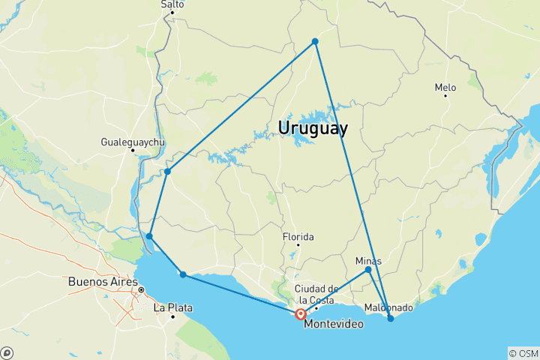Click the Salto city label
click(x=172, y=4)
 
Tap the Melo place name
click(x=446, y=88)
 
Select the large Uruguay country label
click(x=313, y=128)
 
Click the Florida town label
click(x=298, y=237)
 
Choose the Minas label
click(x=368, y=260)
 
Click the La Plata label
click(x=169, y=307)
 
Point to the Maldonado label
click(x=388, y=307)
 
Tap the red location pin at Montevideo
click(x=301, y=314)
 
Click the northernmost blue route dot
click(x=315, y=41)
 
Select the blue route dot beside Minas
click(x=368, y=270)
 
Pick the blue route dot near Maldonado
click(x=391, y=319)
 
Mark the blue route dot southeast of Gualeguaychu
click(x=167, y=172)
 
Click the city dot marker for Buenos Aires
click(x=140, y=289)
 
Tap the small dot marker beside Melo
click(x=445, y=97)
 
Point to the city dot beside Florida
click(x=298, y=245)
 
